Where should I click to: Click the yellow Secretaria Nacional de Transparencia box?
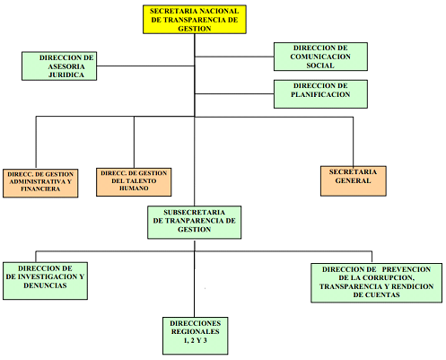coord(195,20)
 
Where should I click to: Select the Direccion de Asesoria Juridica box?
coord(59,66)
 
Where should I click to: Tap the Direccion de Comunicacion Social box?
coord(320,57)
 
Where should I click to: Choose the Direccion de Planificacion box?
coord(320,94)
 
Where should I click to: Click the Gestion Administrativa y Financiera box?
coord(40,183)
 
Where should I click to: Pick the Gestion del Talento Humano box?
coord(134,182)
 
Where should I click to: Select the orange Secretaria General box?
coord(354,181)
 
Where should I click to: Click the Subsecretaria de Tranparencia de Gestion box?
coord(195,222)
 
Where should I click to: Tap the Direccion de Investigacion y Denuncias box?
coord(45,281)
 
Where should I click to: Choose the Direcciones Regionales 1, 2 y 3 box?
coord(196,336)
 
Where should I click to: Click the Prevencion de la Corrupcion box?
coord(377,283)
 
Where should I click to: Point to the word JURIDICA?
coord(66,75)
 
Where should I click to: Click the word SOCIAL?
coord(320,66)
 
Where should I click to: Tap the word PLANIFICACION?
coord(320,94)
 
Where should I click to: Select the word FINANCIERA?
coord(40,189)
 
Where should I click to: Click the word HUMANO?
coord(134,189)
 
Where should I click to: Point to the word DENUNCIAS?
coord(45,285)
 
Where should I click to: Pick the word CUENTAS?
coord(376,294)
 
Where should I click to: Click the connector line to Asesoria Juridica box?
coord(145,66)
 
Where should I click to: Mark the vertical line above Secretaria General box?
coord(354,142)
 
